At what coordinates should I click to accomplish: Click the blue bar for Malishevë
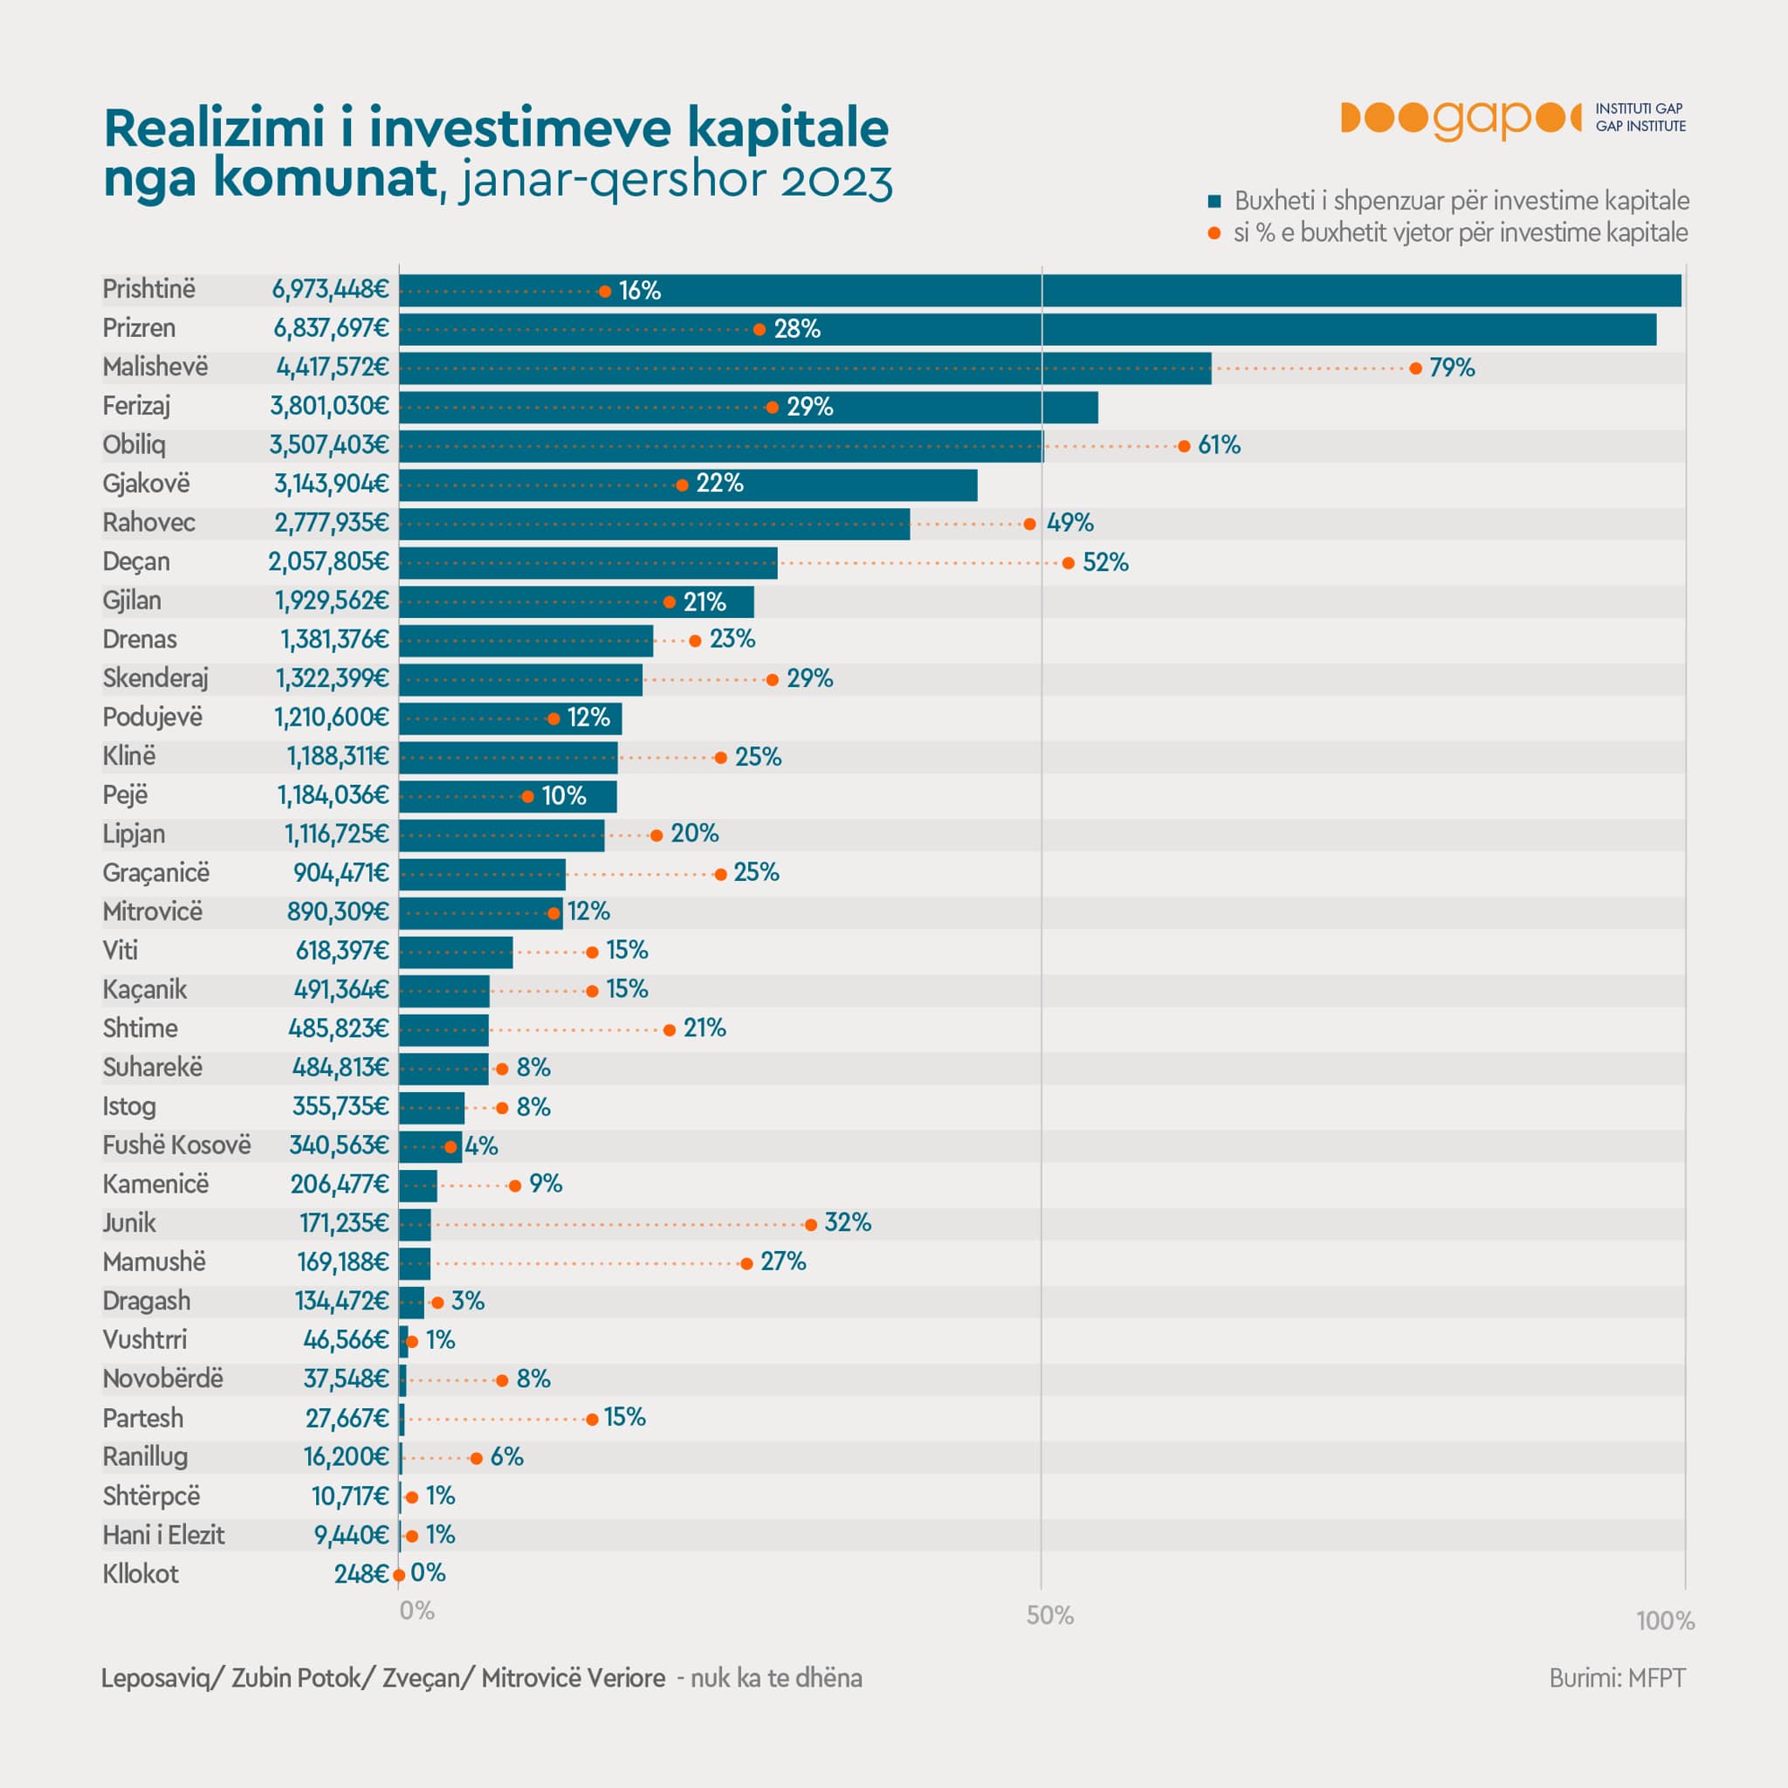[x=805, y=368]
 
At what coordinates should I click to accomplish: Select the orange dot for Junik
[x=811, y=1224]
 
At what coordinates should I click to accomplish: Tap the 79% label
[x=1452, y=368]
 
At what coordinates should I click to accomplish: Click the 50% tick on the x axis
[x=1050, y=1616]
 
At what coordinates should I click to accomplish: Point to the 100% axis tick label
[x=1665, y=1620]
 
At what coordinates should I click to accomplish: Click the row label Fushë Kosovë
[x=176, y=1145]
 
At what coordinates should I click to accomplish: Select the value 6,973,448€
[x=330, y=290]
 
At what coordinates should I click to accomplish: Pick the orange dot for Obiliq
[x=1184, y=446]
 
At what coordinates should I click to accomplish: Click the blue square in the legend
[x=1214, y=202]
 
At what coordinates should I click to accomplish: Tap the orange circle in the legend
[x=1214, y=233]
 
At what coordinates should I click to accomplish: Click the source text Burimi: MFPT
[x=1618, y=1678]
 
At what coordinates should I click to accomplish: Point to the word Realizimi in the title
[x=215, y=127]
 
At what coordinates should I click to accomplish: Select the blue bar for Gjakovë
[x=689, y=485]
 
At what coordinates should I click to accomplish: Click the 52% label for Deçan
[x=1106, y=563]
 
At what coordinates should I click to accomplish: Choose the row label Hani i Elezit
[x=164, y=1536]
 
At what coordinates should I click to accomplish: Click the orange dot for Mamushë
[x=746, y=1263]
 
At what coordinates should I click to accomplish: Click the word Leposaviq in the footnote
[x=155, y=1679]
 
